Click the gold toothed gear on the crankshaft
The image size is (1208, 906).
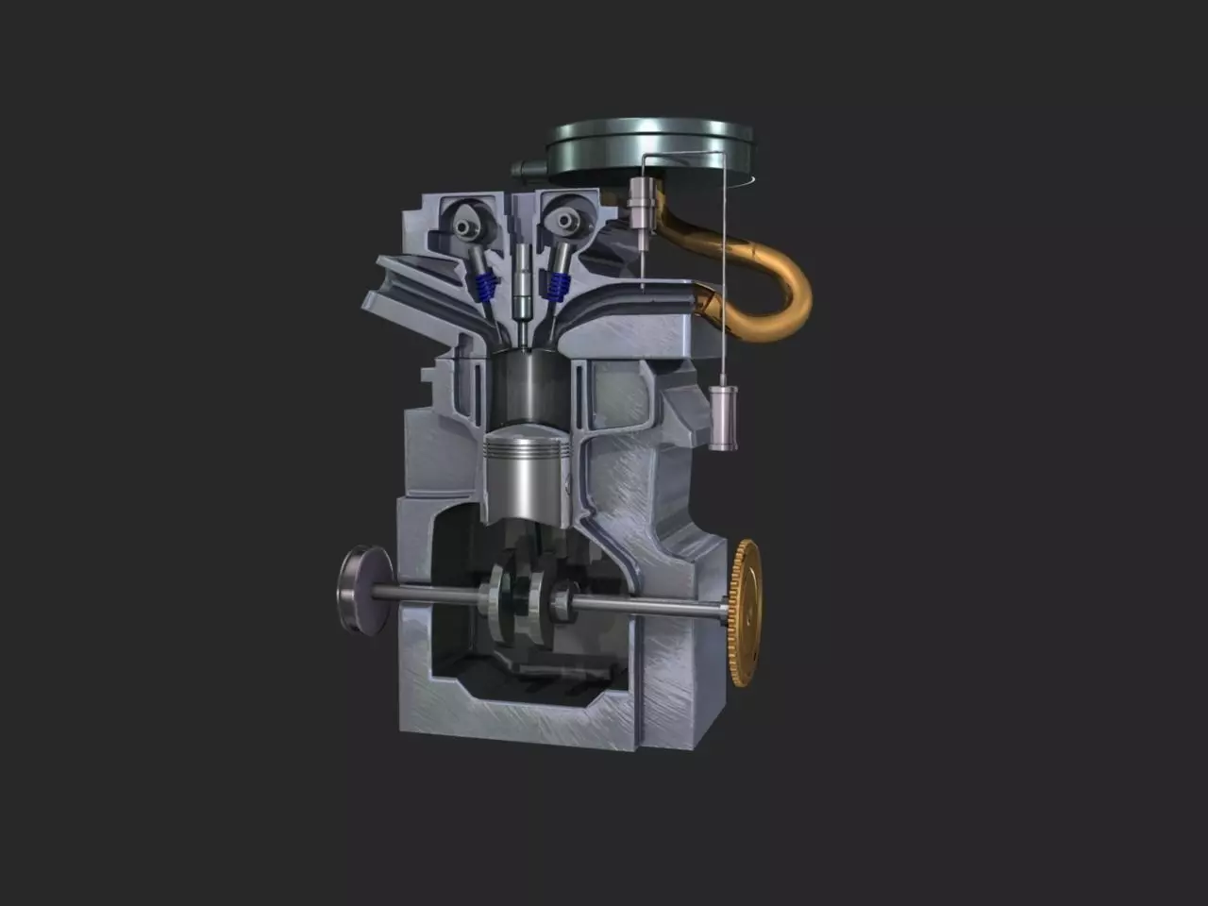coord(747,613)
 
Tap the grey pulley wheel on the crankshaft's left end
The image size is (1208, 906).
coord(363,592)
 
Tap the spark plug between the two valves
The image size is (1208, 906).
coord(521,283)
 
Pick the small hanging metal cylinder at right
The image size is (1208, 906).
coord(724,415)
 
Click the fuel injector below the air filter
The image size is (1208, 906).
coord(641,208)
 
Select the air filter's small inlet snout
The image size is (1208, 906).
coord(523,169)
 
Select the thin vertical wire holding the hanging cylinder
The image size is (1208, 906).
coord(724,283)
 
